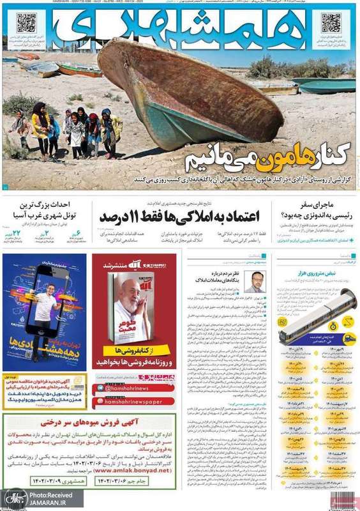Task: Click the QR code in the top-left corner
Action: point(27,24)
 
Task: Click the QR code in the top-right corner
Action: point(331,24)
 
